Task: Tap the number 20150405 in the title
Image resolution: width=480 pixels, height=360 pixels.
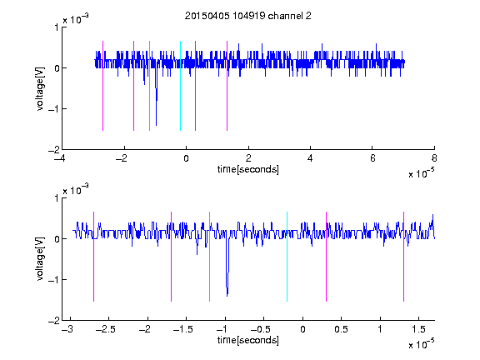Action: click(x=207, y=16)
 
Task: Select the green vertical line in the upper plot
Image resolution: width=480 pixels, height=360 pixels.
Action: click(x=149, y=86)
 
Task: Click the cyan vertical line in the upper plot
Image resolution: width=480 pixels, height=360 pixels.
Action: click(x=180, y=86)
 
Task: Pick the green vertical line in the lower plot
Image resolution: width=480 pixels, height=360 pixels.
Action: click(x=209, y=257)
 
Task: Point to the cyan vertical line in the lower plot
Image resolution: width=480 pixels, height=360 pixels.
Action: click(x=287, y=257)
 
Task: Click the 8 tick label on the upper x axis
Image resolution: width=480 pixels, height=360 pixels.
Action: click(x=434, y=158)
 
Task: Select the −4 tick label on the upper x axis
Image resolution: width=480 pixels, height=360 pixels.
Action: click(x=59, y=158)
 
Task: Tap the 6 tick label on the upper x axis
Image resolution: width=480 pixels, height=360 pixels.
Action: click(x=372, y=158)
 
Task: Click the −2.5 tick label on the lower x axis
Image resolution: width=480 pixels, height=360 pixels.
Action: click(x=105, y=329)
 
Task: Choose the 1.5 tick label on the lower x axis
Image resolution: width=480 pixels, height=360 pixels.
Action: click(x=418, y=329)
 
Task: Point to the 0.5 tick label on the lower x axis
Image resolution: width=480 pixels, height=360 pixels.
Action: click(x=341, y=329)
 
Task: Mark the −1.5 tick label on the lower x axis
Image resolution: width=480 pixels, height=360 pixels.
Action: click(x=182, y=329)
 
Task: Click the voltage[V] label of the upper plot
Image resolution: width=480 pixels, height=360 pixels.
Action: click(x=40, y=88)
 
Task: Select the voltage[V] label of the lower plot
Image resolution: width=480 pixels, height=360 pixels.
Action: click(x=40, y=259)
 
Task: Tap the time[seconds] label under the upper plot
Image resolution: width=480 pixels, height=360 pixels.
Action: click(x=248, y=169)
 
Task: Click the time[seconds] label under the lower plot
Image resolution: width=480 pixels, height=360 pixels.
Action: click(x=248, y=340)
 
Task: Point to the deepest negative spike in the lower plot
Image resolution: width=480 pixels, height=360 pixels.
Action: click(x=227, y=296)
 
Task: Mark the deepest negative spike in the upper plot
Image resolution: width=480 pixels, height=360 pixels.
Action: click(x=156, y=125)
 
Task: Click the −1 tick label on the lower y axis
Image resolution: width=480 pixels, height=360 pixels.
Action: click(x=54, y=279)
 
